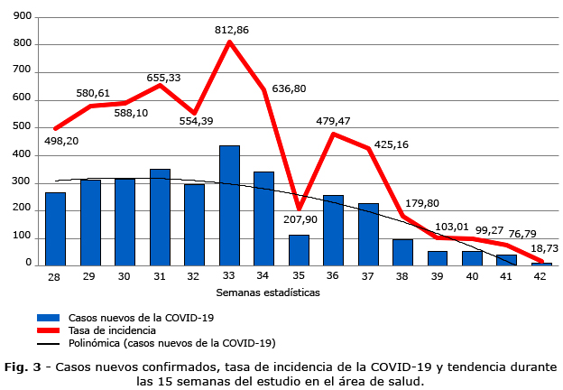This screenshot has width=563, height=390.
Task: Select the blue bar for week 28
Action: pos(56,229)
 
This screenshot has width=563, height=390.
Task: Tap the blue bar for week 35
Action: pos(299,250)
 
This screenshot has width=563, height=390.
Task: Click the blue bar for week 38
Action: pos(402,253)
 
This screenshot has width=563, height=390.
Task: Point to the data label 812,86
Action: pos(232,30)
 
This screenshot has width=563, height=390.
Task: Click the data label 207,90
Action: pos(300,218)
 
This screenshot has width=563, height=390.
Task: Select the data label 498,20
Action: pos(61,141)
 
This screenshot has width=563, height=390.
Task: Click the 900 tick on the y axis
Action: pos(23,16)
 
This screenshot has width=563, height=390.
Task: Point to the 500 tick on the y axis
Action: pos(23,127)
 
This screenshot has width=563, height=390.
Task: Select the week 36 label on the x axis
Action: pos(333,277)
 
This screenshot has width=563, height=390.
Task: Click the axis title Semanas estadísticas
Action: pos(268,292)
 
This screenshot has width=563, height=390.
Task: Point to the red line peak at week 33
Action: pos(230,42)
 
